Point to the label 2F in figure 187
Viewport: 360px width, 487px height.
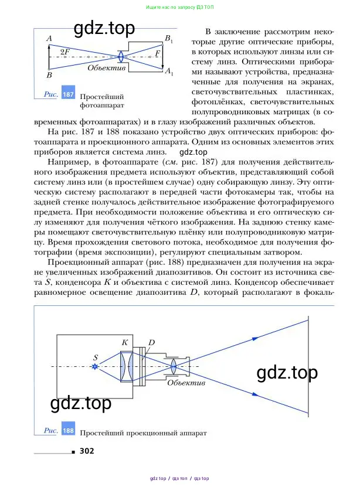[x=65, y=53]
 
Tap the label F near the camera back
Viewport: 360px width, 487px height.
[x=157, y=53]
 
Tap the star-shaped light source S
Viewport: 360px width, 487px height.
[x=96, y=366]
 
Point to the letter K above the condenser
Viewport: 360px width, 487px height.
[x=125, y=342]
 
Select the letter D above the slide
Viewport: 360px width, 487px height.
[x=151, y=342]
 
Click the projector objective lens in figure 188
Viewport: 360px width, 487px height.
[x=174, y=366]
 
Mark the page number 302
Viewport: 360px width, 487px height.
[x=86, y=451]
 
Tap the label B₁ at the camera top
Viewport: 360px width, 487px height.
[x=168, y=39]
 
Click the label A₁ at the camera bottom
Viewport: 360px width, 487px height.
[x=168, y=71]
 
